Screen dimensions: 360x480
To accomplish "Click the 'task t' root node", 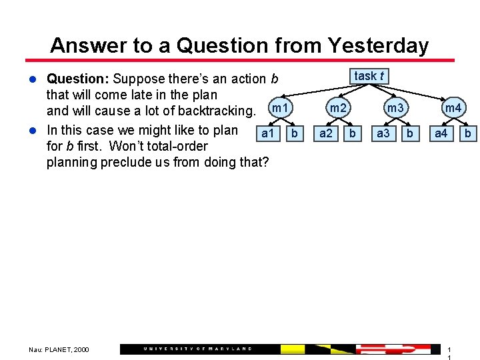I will point(369,76).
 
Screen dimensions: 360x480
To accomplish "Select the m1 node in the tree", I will point(280,108).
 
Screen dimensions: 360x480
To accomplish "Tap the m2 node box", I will point(338,108).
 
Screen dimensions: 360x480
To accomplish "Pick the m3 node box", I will point(395,108).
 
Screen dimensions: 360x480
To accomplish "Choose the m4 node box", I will point(453,108).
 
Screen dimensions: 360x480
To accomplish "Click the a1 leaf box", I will point(267,133).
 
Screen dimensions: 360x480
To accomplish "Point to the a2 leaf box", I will point(326,133).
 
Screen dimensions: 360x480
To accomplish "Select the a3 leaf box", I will point(383,133).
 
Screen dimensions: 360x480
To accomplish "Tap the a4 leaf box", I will point(441,133).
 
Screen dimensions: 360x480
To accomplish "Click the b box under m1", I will point(294,133).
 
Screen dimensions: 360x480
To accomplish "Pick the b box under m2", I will point(353,133).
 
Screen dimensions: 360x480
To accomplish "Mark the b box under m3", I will point(410,133).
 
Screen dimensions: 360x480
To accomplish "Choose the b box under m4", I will point(468,133).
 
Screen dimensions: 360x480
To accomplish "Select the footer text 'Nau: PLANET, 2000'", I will point(59,349).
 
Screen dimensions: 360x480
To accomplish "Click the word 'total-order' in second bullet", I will point(175,146).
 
